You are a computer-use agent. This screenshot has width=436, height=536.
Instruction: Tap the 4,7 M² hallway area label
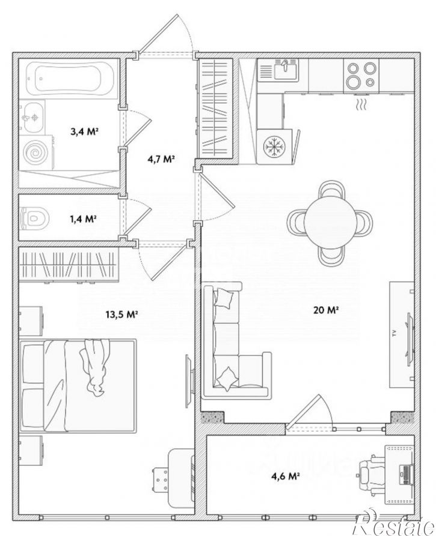pyautogui.click(x=159, y=158)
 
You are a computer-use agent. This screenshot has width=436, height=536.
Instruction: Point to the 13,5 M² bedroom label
pyautogui.click(x=121, y=315)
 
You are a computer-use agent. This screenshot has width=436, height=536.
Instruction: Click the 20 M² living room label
pyautogui.click(x=326, y=310)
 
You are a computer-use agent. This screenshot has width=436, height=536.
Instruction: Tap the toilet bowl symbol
pyautogui.click(x=35, y=217)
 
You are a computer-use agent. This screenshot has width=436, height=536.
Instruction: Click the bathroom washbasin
pyautogui.click(x=31, y=117)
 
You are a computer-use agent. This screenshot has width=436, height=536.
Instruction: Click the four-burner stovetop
pyautogui.click(x=361, y=74)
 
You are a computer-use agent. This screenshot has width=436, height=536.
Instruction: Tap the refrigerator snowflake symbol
pyautogui.click(x=274, y=147)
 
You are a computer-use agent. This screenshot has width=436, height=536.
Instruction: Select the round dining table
pyautogui.click(x=330, y=223)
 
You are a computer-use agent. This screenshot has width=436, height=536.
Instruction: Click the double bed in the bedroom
pyautogui.click(x=78, y=385)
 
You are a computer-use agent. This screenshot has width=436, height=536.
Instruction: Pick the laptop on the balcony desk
pyautogui.click(x=406, y=473)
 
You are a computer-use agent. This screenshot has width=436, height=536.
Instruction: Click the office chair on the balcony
pyautogui.click(x=372, y=474)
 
